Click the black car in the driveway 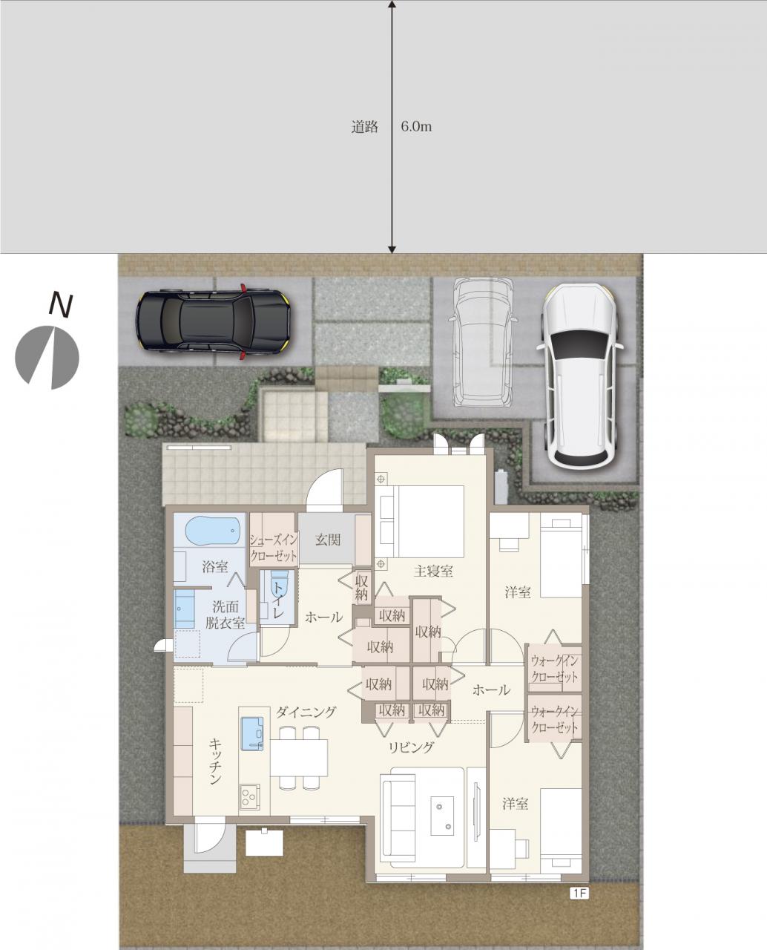pyautogui.click(x=212, y=321)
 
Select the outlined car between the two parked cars pyautogui.click(x=484, y=341)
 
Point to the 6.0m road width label pyautogui.click(x=416, y=127)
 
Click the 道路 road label pyautogui.click(x=364, y=127)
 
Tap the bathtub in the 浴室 pyautogui.click(x=213, y=531)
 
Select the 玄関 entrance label pyautogui.click(x=327, y=540)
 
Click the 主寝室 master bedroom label pyautogui.click(x=433, y=571)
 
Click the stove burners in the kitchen pyautogui.click(x=249, y=798)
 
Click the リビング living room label pyautogui.click(x=411, y=747)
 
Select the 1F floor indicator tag pyautogui.click(x=579, y=894)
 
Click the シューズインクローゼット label pyautogui.click(x=273, y=548)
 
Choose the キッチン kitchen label pyautogui.click(x=215, y=761)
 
